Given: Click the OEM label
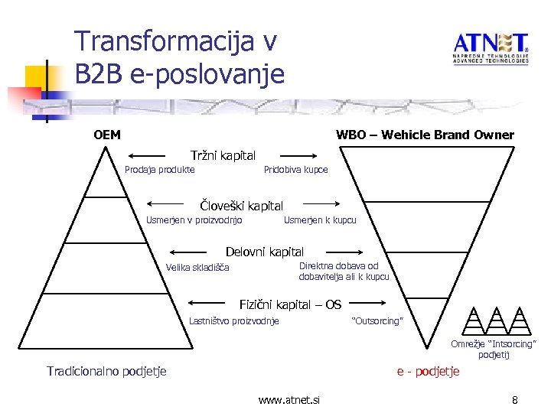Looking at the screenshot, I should pos(107,135).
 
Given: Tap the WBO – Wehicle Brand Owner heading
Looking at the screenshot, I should pos(425,135).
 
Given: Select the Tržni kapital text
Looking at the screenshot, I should pos(223,156).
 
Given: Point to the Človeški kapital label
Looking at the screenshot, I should pos(241,206).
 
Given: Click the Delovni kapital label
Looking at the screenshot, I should pos(264,252).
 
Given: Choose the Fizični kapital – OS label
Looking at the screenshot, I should pos(290,304).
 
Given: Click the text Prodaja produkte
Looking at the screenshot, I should pos(159,170).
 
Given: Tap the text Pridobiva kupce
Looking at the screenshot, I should pos(295,170).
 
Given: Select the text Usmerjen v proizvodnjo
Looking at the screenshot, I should pos(194,220).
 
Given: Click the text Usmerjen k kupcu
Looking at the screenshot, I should pos(320,220).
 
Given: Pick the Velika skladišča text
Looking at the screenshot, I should pos(197,268).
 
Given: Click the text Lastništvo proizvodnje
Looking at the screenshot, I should pos(234,321).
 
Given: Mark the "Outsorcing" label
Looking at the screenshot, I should pos(376,321).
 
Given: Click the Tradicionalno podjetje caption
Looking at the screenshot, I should pos(106,372).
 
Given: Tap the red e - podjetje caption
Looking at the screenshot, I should pos(428,372).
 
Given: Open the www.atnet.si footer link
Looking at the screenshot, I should pos(289,400).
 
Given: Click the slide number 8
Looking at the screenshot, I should pos(515,400).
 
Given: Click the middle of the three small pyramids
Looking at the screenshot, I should pos(496,321).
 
